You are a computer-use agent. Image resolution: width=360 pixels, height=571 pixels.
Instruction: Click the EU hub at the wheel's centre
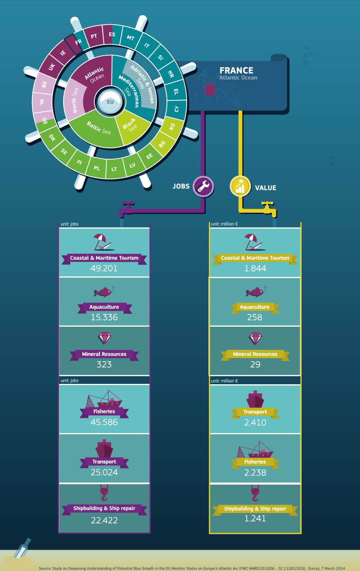point(110,102)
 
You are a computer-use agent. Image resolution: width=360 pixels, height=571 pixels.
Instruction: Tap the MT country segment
point(130,37)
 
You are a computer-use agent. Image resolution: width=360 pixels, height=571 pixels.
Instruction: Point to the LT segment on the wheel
point(114,169)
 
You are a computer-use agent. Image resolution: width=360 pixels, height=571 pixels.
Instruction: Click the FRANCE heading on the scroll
point(236,70)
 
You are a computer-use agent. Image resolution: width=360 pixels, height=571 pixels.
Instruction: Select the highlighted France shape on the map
point(210,89)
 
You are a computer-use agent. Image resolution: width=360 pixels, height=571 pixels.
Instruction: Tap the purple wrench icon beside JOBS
point(203,186)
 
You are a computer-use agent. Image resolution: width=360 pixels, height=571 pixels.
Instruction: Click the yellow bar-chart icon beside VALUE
point(240,186)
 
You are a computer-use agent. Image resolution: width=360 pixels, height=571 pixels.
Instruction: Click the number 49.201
point(104,268)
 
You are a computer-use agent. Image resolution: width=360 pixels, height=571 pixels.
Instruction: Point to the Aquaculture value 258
point(255,317)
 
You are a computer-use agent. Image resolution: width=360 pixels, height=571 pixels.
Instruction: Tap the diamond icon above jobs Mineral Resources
point(104,338)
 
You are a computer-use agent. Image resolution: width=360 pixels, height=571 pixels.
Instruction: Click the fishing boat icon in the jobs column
point(104,399)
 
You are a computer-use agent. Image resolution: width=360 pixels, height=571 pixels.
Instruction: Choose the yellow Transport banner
point(255,412)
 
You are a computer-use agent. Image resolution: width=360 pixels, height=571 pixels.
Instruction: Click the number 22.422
point(104,520)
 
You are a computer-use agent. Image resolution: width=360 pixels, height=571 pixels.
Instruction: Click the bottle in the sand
point(22,548)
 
